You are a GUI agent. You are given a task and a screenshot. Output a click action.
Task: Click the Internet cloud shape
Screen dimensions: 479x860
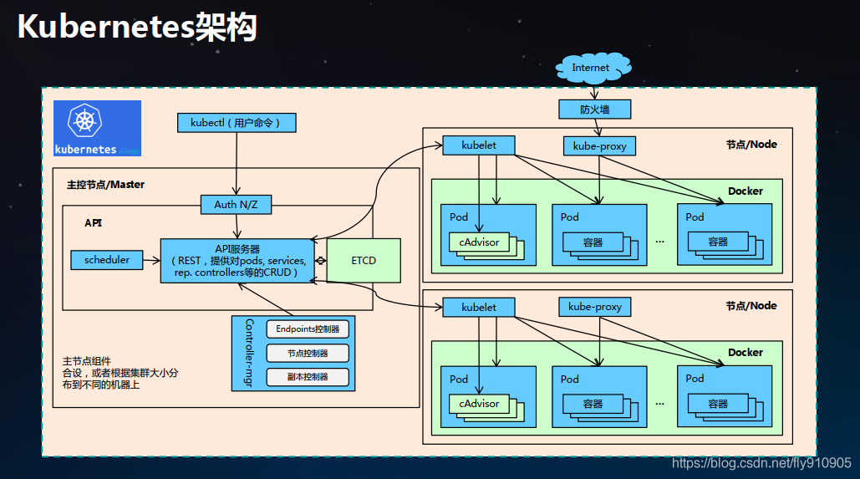pos(591,69)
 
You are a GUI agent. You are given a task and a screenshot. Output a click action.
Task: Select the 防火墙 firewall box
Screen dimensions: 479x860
pos(594,110)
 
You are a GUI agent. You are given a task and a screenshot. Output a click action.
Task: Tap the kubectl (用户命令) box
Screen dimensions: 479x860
pos(237,123)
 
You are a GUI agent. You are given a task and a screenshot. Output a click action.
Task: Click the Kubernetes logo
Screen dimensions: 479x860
pos(97,128)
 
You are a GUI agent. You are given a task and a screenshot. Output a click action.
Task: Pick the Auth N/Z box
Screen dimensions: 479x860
pos(237,204)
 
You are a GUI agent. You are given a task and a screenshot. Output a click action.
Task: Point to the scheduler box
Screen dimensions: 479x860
pos(107,260)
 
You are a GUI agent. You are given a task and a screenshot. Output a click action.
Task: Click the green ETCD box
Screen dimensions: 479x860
pos(364,260)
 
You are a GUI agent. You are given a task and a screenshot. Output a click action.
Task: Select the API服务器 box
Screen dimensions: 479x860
pos(237,260)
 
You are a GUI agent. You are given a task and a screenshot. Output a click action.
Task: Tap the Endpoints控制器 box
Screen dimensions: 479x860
pos(308,329)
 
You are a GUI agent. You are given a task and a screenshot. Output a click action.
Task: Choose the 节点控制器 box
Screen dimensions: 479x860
pos(308,353)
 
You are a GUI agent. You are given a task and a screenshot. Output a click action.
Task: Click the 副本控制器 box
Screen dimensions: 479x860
pos(308,376)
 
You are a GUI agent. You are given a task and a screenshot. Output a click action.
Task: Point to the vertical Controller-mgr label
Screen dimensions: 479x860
pos(248,353)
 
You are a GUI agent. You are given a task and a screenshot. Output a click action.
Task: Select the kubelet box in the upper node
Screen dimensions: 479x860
pos(479,145)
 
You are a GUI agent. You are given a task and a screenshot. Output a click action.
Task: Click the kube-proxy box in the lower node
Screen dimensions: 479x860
pos(595,307)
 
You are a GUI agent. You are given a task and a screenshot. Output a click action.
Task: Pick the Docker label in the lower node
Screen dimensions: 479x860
pos(745,353)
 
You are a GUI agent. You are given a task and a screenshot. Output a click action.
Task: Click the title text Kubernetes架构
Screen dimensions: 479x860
pos(137,28)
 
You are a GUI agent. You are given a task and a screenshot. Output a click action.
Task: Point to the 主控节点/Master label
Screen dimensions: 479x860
pos(105,185)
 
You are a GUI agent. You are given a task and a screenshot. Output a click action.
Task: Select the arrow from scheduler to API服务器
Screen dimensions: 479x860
pos(151,260)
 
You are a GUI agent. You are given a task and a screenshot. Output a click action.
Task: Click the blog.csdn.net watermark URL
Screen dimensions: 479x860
pos(761,463)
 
